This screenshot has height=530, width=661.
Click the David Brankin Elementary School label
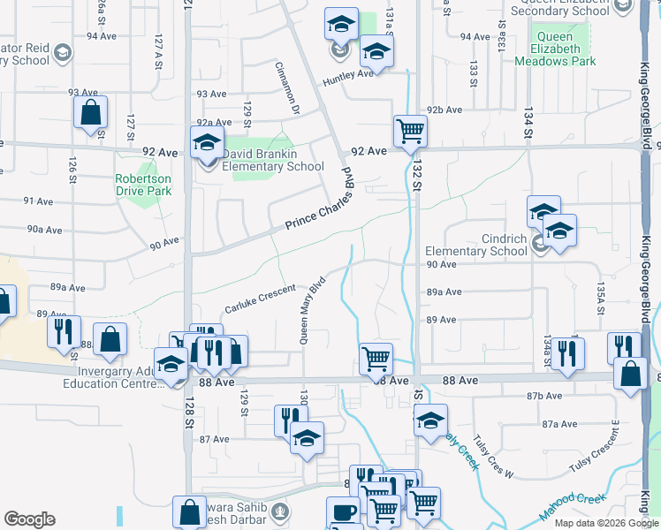point(272,159)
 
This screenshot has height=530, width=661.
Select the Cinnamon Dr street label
point(288,88)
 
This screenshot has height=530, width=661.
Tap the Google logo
point(29,519)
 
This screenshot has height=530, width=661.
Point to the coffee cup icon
point(343,512)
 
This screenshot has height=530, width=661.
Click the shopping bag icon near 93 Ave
point(90,113)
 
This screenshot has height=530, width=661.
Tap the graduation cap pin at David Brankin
point(207,141)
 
